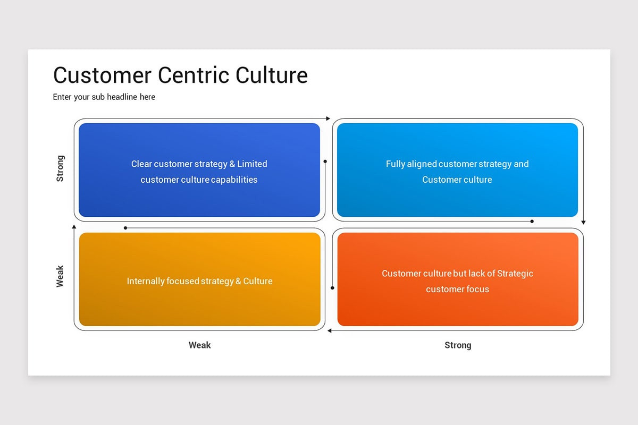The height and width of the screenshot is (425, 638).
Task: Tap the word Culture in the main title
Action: [x=272, y=75]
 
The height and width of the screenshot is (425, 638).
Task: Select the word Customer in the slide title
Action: [x=102, y=75]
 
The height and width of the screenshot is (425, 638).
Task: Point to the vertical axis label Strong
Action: [x=60, y=168]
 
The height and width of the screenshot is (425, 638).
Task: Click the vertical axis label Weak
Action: [x=60, y=276]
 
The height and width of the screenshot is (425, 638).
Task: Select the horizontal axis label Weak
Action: [x=199, y=345]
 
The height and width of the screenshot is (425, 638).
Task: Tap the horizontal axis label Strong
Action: [x=458, y=345]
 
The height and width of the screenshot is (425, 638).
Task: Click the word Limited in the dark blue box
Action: [x=252, y=164]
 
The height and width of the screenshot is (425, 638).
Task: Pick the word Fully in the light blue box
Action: [x=396, y=164]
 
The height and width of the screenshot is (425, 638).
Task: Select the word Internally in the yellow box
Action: [x=146, y=281]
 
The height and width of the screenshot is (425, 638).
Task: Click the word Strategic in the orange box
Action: [x=515, y=273]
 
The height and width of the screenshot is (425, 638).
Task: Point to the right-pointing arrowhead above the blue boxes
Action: [x=328, y=118]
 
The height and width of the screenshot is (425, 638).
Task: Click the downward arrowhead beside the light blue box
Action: [x=583, y=222]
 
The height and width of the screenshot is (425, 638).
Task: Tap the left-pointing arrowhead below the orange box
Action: [x=330, y=330]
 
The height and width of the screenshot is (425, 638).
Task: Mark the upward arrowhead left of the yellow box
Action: [x=74, y=227]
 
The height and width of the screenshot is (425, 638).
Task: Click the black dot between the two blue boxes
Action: [x=325, y=161]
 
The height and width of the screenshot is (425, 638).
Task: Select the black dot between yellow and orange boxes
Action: [x=332, y=288]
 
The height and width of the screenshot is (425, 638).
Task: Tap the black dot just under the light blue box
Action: [x=532, y=221]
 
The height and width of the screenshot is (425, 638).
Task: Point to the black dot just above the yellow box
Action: [x=125, y=228]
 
